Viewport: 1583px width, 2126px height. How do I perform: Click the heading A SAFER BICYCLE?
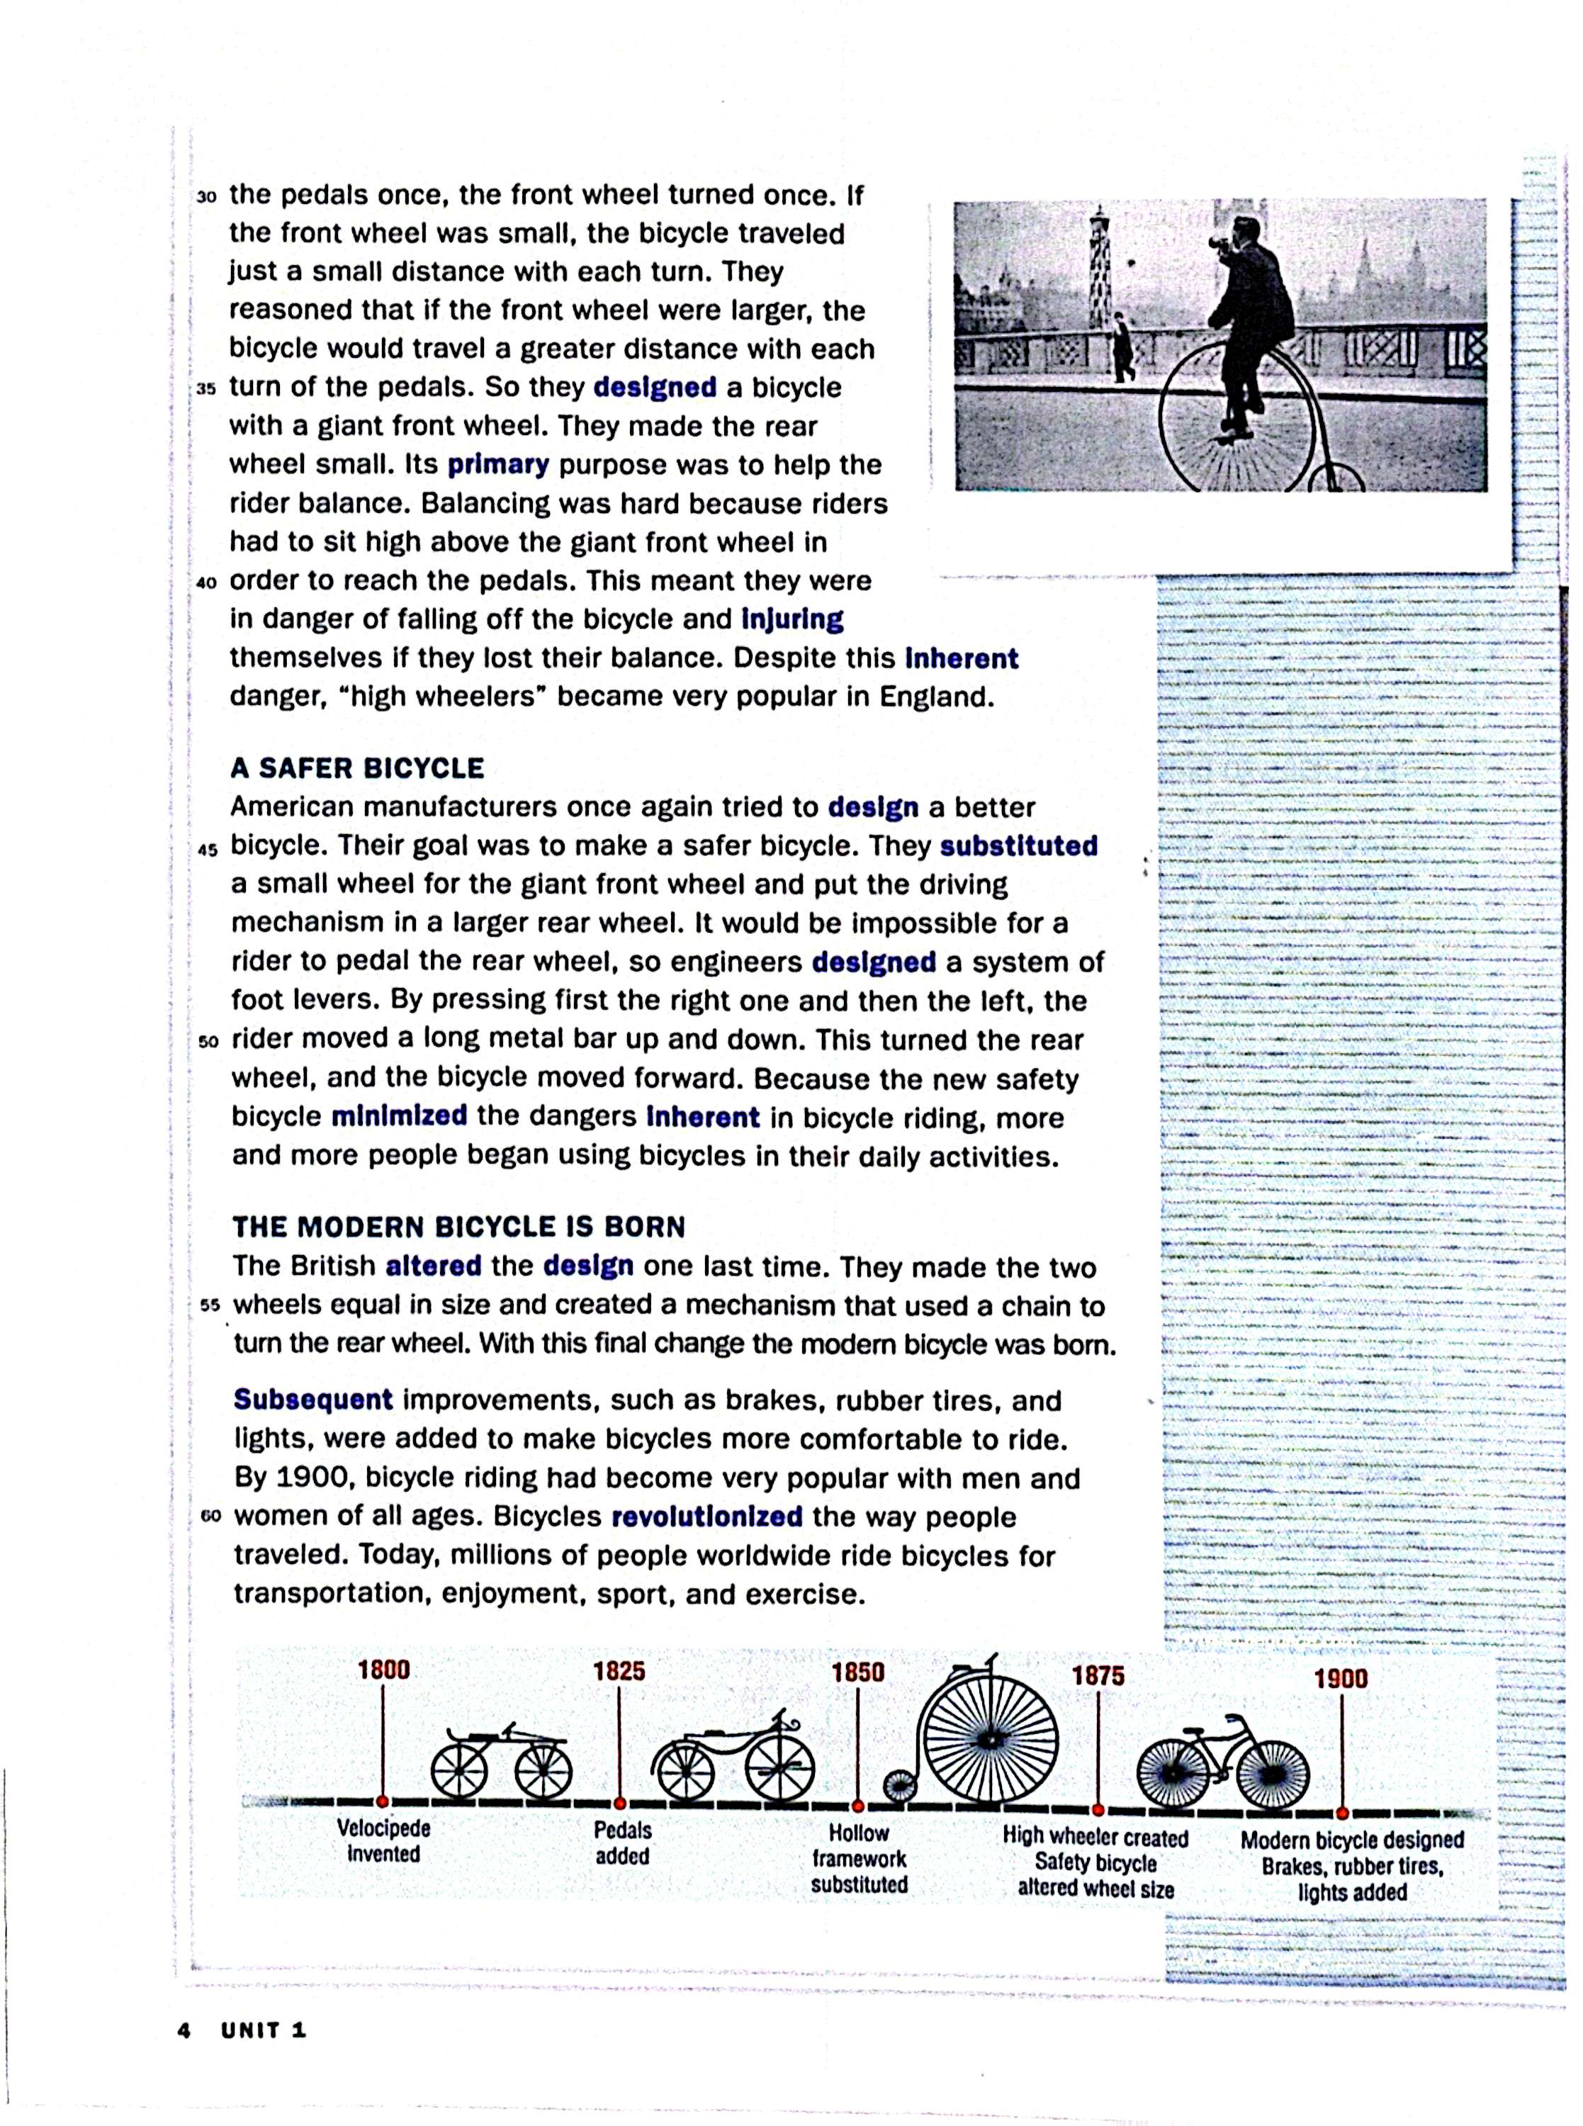pyautogui.click(x=356, y=768)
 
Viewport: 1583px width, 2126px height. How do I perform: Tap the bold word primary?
pyautogui.click(x=498, y=466)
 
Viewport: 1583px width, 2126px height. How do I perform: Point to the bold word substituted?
pyautogui.click(x=1018, y=846)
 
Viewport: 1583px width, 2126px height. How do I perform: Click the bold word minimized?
pyautogui.click(x=400, y=1116)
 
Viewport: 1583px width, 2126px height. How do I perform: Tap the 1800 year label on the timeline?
pyautogui.click(x=383, y=1670)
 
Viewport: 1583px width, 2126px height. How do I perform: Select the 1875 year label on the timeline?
pyautogui.click(x=1098, y=1676)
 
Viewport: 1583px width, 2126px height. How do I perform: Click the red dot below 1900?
pyautogui.click(x=1343, y=1813)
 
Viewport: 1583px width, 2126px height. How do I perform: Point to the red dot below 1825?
pyautogui.click(x=620, y=1803)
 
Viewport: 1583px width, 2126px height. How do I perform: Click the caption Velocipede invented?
pyautogui.click(x=383, y=1840)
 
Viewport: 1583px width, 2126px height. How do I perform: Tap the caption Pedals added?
pyautogui.click(x=622, y=1843)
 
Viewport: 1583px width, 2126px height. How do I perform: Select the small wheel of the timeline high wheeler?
pyautogui.click(x=898, y=1786)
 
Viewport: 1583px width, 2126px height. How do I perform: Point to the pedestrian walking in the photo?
pyautogui.click(x=1121, y=349)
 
